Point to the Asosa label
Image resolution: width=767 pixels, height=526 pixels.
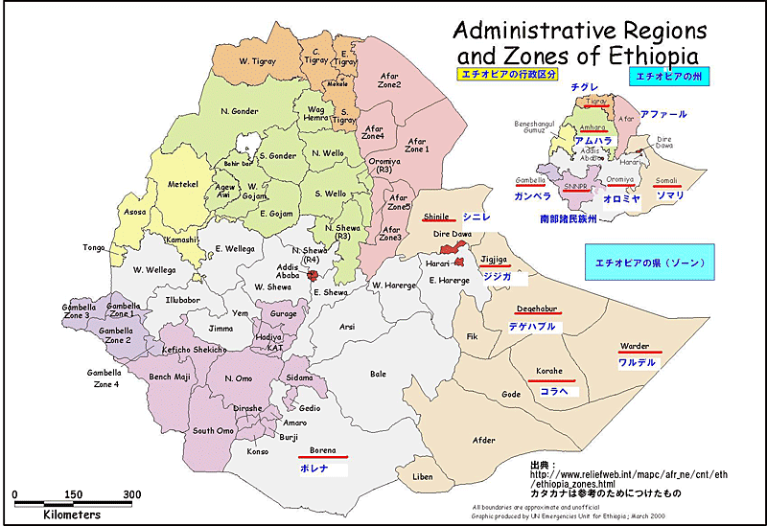[135, 212]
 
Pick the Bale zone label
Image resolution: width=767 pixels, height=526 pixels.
[378, 374]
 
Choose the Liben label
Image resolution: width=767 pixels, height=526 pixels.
[422, 476]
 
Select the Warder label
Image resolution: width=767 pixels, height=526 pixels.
[634, 346]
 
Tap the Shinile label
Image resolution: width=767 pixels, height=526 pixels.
[436, 217]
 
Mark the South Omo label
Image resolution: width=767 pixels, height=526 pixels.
[212, 430]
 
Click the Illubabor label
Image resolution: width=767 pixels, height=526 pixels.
[181, 299]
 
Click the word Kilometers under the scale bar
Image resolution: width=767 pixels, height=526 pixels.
[72, 515]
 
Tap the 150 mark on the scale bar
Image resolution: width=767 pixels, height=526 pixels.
[73, 494]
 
